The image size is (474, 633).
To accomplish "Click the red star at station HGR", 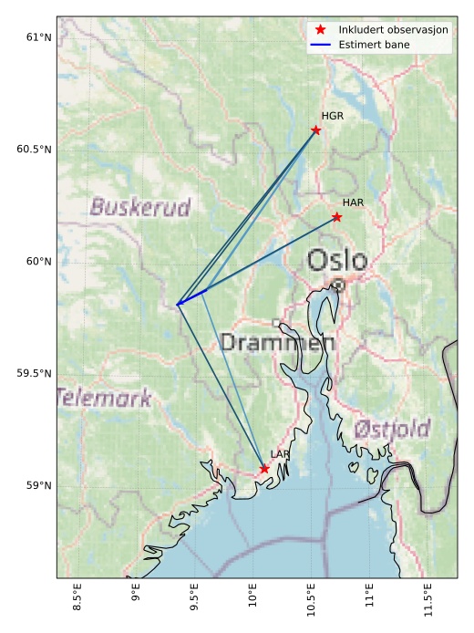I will [316, 130].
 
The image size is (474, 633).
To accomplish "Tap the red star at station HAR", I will [337, 217].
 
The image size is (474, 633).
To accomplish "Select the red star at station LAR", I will [264, 469].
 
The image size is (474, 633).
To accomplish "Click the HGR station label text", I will [333, 116].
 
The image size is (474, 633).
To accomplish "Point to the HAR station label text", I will [354, 202].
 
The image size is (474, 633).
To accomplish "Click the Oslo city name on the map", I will [337, 261].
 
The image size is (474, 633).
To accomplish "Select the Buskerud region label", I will [140, 208].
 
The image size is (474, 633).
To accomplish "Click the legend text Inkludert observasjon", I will [393, 29].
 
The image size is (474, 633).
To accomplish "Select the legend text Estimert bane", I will [374, 44].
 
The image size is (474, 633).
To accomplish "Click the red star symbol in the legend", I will [320, 29].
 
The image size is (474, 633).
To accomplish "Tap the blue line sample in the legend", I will [320, 44].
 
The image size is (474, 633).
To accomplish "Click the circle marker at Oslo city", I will [338, 285].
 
